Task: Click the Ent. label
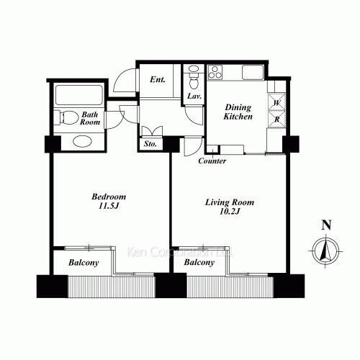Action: point(158,79)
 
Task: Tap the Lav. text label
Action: point(194,96)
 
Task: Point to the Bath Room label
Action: point(90,119)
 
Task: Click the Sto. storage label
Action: point(150,144)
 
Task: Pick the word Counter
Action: point(212,161)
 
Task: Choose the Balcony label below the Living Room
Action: point(199,263)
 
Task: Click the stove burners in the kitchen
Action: point(216,72)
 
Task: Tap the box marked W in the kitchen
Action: point(276,102)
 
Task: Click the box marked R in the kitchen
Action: point(276,120)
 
